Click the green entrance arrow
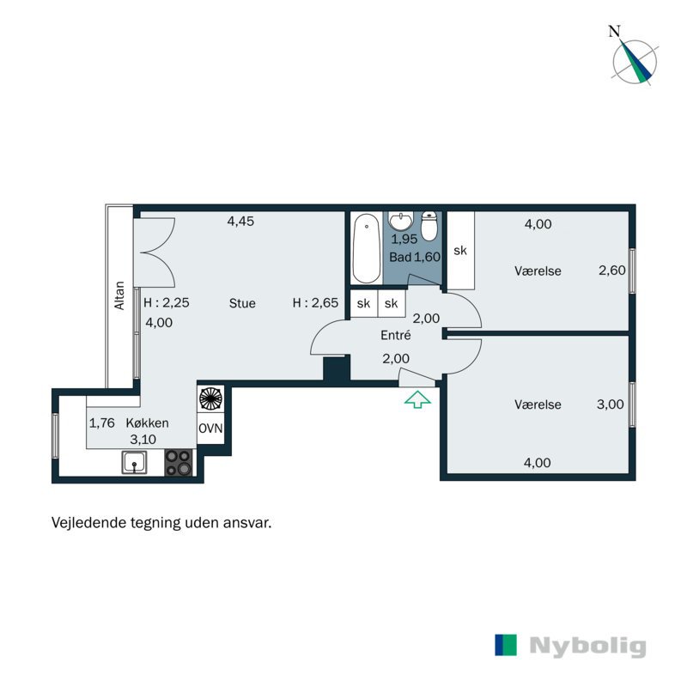click(x=416, y=398)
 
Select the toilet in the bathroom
click(x=430, y=228)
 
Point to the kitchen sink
click(x=133, y=464)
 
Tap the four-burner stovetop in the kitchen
click(x=179, y=463)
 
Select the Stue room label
click(x=242, y=303)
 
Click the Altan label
click(x=120, y=295)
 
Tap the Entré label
click(x=395, y=337)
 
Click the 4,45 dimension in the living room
click(x=240, y=222)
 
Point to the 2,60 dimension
click(x=611, y=271)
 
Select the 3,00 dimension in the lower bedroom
click(x=610, y=404)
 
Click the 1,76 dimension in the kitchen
click(x=103, y=423)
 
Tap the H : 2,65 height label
click(x=315, y=303)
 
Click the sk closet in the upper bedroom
click(x=460, y=251)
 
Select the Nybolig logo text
click(x=587, y=646)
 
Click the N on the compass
click(x=614, y=32)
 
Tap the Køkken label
click(x=147, y=423)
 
